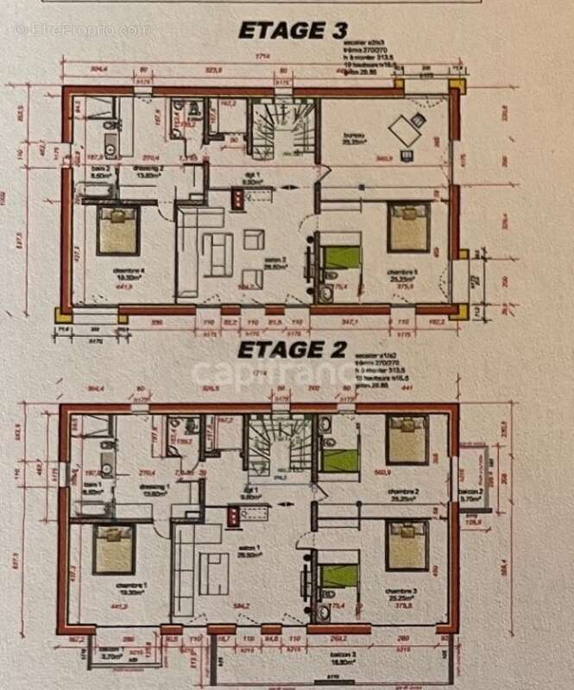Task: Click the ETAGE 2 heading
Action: [x=292, y=350]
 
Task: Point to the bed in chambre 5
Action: [x=407, y=227]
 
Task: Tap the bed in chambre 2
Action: [x=407, y=436]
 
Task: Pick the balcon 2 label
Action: [x=471, y=496]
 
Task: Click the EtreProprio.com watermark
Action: [x=83, y=30]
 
